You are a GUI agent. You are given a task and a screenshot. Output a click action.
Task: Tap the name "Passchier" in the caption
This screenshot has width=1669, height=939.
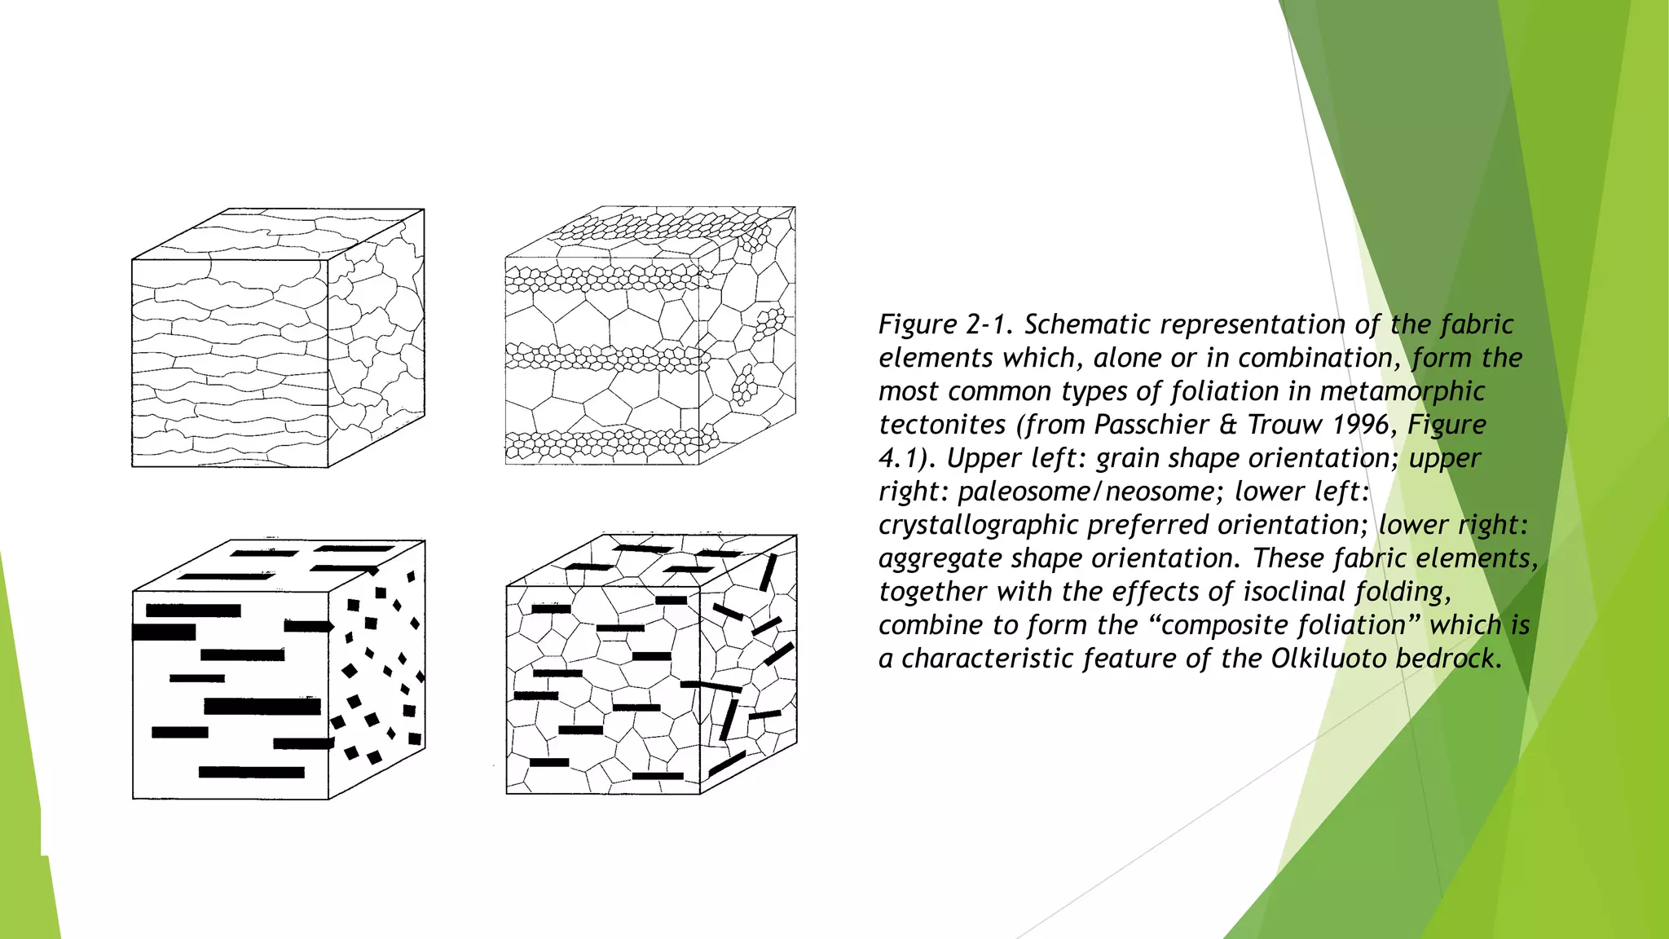click(x=1152, y=425)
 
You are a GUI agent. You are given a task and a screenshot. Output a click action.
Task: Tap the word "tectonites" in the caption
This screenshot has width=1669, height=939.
click(x=942, y=425)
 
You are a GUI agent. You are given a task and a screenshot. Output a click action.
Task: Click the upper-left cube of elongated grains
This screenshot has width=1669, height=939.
click(x=278, y=338)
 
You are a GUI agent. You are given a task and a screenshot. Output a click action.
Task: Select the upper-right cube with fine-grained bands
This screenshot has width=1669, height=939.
click(x=650, y=336)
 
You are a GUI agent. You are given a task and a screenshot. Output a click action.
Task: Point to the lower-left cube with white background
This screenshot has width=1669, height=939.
click(x=279, y=669)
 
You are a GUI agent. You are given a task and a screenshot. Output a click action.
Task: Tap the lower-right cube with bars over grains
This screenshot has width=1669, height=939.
click(x=651, y=664)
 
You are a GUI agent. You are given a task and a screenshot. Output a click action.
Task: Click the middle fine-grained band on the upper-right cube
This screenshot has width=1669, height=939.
click(x=603, y=357)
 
